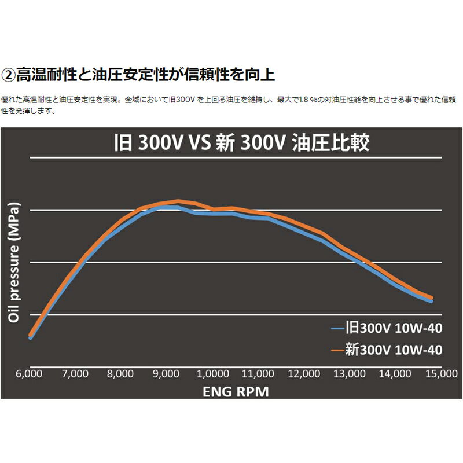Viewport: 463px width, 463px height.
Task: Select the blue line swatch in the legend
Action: tap(337, 330)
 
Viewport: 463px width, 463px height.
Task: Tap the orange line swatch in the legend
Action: tap(337, 350)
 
